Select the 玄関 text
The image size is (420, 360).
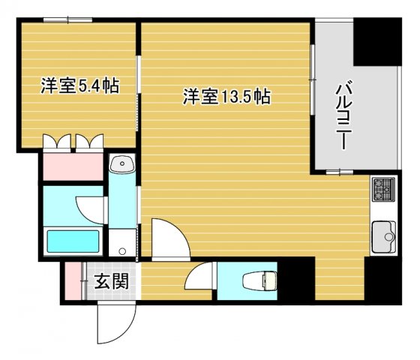pyautogui.click(x=110, y=283)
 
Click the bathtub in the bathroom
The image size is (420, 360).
pyautogui.click(x=73, y=241)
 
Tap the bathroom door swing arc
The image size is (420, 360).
pyautogui.click(x=90, y=205)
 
